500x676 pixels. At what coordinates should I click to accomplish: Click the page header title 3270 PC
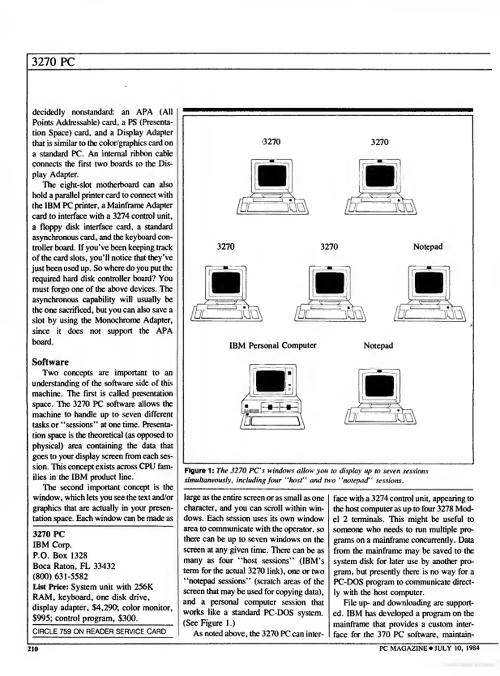pos(53,62)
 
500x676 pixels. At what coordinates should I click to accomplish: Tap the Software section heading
pos(50,362)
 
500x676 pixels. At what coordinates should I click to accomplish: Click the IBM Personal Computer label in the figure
pos(272,346)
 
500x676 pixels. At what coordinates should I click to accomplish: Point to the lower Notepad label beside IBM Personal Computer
pos(378,346)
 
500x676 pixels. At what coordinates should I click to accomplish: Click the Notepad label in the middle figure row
pos(428,247)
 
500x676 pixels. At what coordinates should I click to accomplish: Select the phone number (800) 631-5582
pos(60,576)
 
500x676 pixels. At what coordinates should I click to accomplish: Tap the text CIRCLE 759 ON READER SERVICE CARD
pos(99,631)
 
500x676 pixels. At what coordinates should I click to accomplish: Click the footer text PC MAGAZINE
pos(403,648)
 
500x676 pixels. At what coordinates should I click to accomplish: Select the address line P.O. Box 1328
pos(60,556)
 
